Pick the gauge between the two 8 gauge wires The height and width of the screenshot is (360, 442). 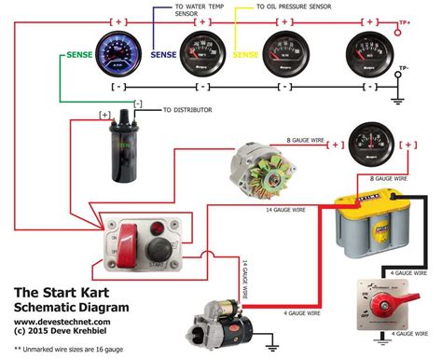tap(370, 145)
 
